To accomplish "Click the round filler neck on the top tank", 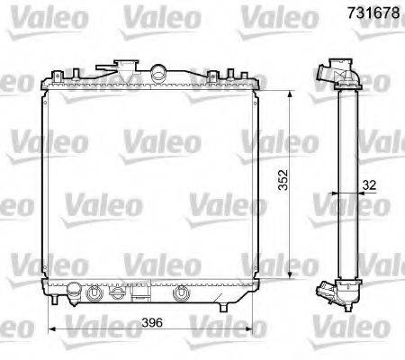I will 159,71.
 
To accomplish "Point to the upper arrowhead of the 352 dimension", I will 289,93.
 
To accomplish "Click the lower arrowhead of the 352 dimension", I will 289,274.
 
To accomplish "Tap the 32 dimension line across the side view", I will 346,193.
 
